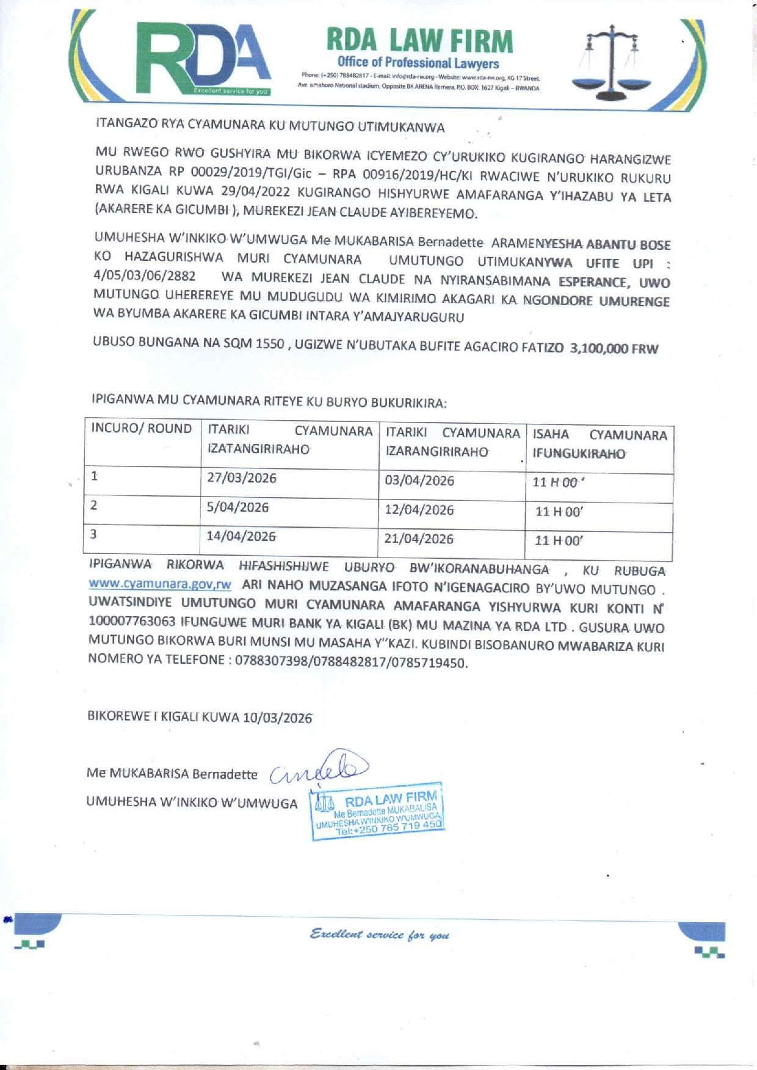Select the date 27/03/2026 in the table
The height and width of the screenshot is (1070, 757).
click(242, 478)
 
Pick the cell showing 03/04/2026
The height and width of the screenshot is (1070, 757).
click(419, 481)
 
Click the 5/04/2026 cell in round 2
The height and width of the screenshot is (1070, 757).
click(237, 507)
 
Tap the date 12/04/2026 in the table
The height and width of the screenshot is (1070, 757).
click(419, 510)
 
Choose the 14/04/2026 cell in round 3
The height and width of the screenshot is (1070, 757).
click(241, 536)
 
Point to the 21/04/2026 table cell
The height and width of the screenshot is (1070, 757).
click(419, 539)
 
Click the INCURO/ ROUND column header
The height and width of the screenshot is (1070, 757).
click(142, 429)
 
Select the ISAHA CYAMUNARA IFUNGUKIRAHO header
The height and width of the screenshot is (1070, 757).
click(599, 444)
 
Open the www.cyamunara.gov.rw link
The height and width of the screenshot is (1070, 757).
click(160, 584)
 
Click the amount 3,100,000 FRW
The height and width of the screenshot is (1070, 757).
click(614, 349)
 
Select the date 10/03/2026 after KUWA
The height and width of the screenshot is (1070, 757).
click(277, 718)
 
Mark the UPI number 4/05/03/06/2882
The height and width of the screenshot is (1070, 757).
click(145, 275)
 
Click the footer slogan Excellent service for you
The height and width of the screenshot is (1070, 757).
click(380, 934)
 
